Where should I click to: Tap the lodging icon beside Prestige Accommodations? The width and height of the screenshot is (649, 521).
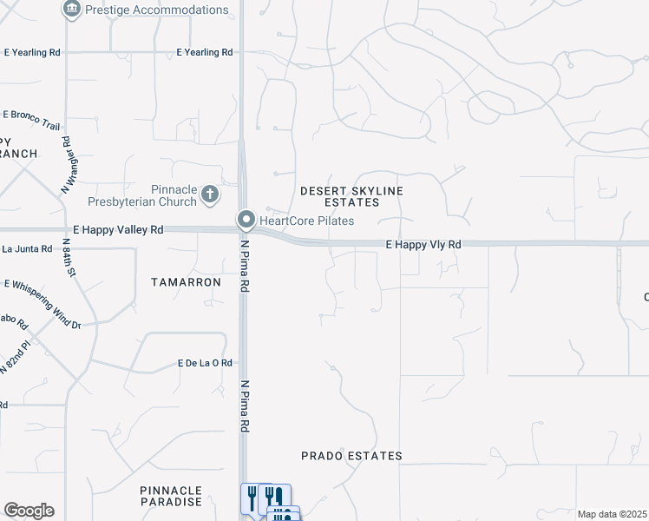(x=71, y=10)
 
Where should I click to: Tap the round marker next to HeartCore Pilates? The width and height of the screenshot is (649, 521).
(x=247, y=220)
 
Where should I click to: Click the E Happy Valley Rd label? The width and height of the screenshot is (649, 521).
(x=119, y=230)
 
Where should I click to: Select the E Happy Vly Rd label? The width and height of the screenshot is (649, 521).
(x=423, y=246)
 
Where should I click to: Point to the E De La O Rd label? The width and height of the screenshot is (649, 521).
(x=205, y=363)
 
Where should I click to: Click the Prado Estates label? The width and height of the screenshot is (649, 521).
(x=351, y=456)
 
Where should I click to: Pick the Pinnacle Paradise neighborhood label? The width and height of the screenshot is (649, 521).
(x=171, y=496)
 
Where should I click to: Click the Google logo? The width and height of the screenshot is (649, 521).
(x=29, y=511)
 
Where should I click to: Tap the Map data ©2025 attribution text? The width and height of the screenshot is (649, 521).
(x=613, y=515)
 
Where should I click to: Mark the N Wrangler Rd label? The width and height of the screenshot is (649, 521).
(x=64, y=165)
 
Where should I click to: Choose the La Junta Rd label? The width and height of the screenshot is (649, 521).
(x=27, y=249)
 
